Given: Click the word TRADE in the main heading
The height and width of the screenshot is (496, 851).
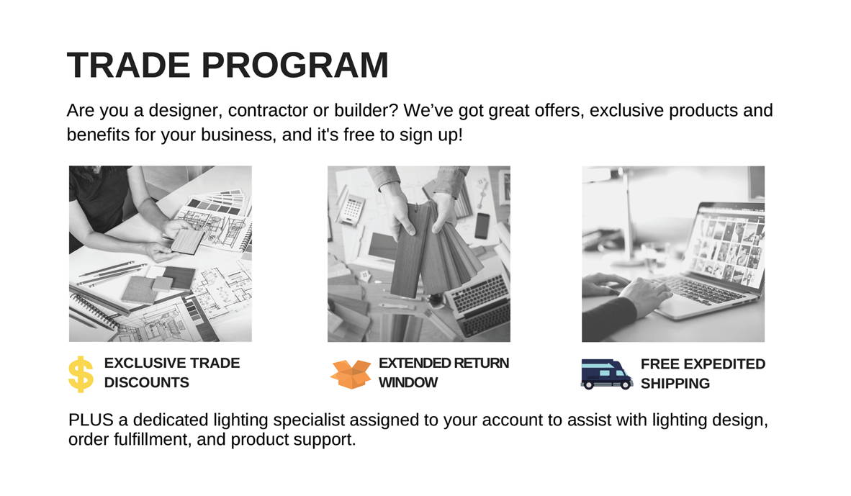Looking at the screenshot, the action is (129, 65).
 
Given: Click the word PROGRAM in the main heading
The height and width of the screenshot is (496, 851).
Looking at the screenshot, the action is (295, 65).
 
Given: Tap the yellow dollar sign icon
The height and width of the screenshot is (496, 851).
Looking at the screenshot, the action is (81, 374).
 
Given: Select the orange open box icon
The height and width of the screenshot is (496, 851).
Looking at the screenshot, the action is (351, 374).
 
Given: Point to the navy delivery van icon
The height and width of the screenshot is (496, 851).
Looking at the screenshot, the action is (607, 374).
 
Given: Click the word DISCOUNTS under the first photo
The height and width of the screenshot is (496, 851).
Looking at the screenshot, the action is (147, 382).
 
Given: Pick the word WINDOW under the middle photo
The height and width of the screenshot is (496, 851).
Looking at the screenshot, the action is (408, 382).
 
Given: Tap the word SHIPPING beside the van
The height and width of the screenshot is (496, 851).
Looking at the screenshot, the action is (675, 384).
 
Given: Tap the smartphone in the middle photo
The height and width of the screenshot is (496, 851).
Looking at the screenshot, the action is (482, 225).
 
